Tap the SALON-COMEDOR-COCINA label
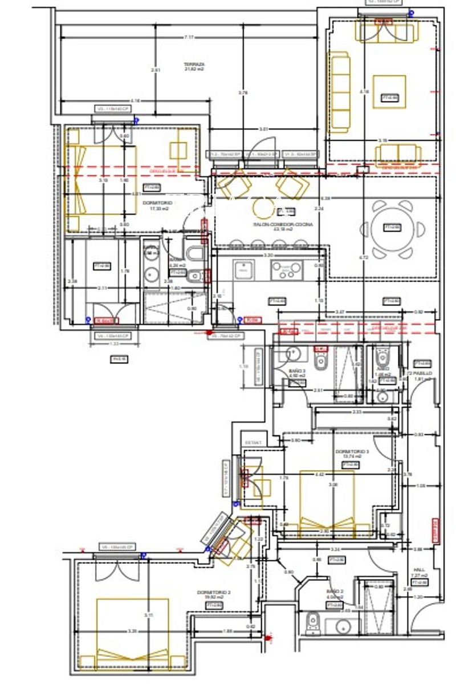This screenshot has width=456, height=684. click(x=275, y=225)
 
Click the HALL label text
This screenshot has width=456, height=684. click(x=420, y=569)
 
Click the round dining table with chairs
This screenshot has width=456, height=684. click(x=390, y=228)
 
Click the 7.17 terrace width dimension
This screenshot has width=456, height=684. click(x=189, y=37)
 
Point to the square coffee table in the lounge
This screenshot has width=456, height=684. click(x=389, y=91)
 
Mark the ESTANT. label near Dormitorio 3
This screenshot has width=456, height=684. click(x=253, y=442)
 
